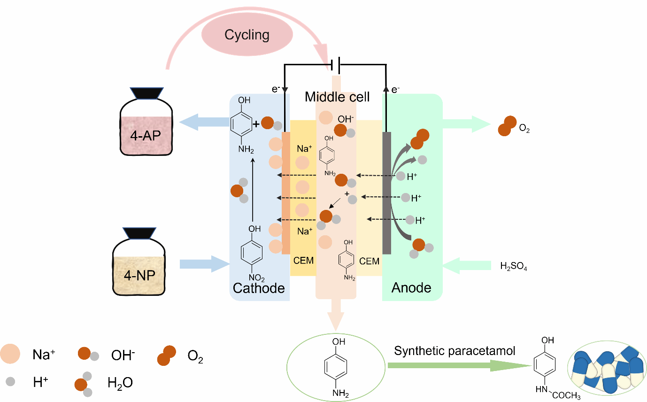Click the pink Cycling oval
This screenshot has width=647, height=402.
point(247,35)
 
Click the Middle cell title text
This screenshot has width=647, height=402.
point(337,97)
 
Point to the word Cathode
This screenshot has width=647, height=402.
point(259,287)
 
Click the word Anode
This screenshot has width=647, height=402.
point(411,287)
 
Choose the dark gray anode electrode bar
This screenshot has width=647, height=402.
point(387,193)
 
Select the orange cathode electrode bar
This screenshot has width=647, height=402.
point(285,193)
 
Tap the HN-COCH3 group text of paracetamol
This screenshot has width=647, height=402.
point(557,393)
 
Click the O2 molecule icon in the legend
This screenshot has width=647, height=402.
point(167,356)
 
